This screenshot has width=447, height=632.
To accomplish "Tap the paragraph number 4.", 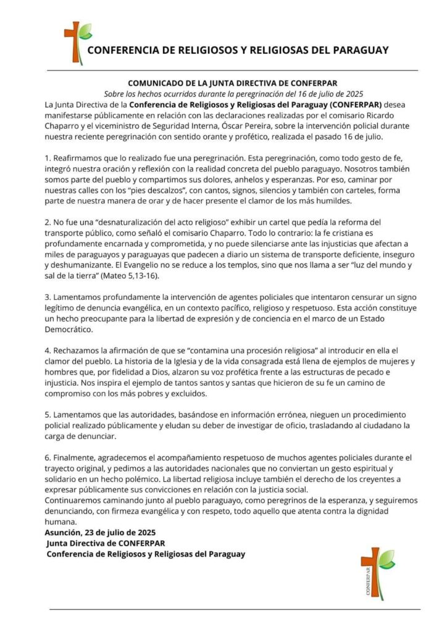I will point(48,351).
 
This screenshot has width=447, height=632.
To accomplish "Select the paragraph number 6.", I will point(48,458).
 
